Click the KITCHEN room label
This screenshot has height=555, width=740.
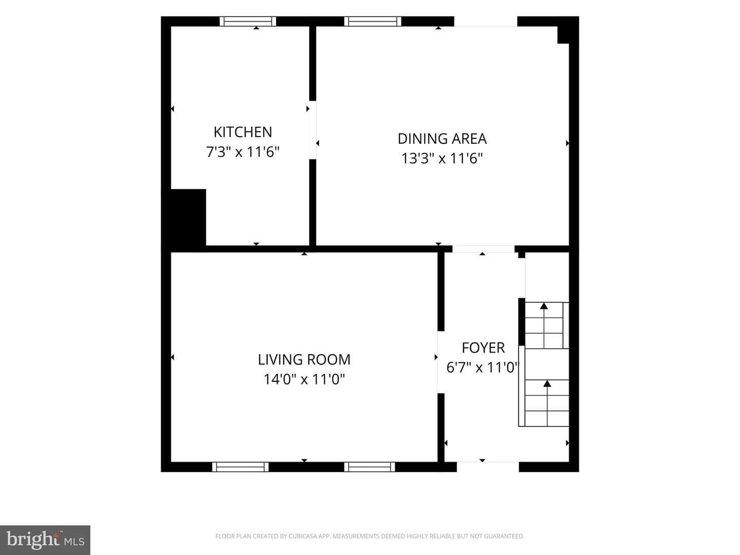pyautogui.click(x=243, y=132)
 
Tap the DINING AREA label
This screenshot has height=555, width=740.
pyautogui.click(x=442, y=139)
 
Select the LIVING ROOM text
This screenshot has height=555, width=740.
pyautogui.click(x=304, y=360)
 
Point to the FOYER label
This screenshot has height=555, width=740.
pyautogui.click(x=483, y=348)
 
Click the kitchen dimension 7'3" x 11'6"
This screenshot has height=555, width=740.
pyautogui.click(x=243, y=152)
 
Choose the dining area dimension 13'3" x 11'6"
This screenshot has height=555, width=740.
pyautogui.click(x=442, y=158)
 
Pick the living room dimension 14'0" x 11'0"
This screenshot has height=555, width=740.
pyautogui.click(x=304, y=379)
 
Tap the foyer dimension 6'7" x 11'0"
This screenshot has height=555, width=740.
pyautogui.click(x=482, y=367)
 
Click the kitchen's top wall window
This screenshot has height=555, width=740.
pyautogui.click(x=248, y=21)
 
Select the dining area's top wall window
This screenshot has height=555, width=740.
pyautogui.click(x=373, y=21)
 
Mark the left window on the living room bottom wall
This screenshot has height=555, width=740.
pyautogui.click(x=240, y=467)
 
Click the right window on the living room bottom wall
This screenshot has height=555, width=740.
pyautogui.click(x=369, y=467)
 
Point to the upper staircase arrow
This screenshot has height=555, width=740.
pyautogui.click(x=544, y=325)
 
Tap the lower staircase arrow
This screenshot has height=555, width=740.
pyautogui.click(x=547, y=403)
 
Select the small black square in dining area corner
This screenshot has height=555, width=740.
pyautogui.click(x=563, y=35)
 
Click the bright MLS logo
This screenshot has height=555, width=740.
pyautogui.click(x=45, y=540)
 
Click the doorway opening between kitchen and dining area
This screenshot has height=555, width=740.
pyautogui.click(x=312, y=129)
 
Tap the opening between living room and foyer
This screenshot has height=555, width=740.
pyautogui.click(x=441, y=362)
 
